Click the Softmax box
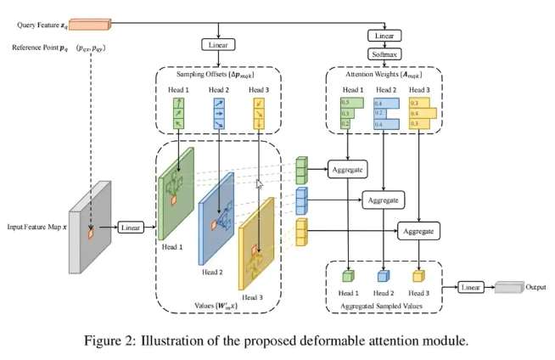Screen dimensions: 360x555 (x=383, y=53)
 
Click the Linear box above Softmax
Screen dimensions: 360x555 (x=383, y=36)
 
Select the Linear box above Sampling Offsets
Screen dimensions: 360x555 (x=218, y=43)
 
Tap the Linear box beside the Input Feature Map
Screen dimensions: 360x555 (x=130, y=228)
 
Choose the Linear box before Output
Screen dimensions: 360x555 (x=472, y=287)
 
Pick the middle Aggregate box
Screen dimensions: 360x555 (x=384, y=200)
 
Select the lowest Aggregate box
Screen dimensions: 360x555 (x=418, y=230)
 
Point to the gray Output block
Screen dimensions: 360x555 (x=509, y=287)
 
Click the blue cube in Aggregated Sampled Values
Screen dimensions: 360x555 (x=384, y=276)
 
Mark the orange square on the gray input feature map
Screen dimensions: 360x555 (x=91, y=228)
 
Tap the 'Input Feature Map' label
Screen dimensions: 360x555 (x=36, y=228)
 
